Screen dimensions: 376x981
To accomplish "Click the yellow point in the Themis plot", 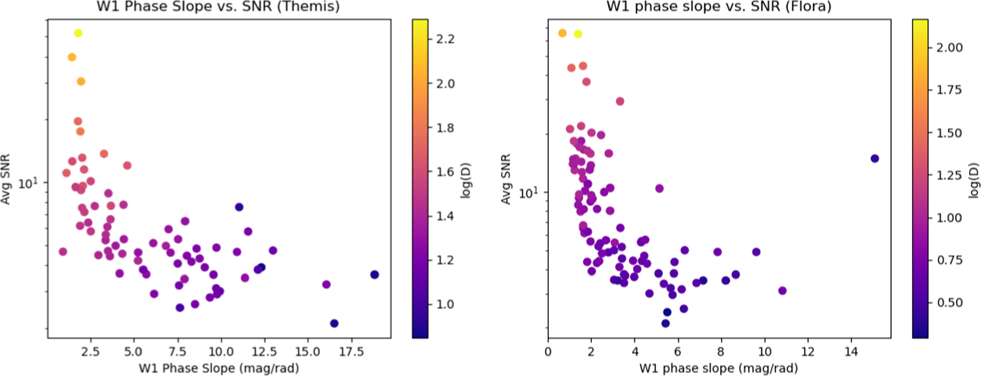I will point(78,33).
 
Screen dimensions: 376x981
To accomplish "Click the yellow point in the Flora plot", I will point(578,34).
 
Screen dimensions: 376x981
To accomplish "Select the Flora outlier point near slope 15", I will point(875,159).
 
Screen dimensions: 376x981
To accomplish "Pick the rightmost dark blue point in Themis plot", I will point(374,275).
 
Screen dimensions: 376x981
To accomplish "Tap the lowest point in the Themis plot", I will point(334,324).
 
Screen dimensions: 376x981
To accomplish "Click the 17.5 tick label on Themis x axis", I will point(351,352).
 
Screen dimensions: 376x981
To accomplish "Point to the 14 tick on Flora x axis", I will point(851,352).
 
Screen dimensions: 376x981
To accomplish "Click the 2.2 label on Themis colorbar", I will point(445,39).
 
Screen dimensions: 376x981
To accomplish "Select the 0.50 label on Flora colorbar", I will point(949,303).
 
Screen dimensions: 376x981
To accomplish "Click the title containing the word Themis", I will point(218,7).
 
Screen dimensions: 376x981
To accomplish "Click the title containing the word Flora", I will point(719,7).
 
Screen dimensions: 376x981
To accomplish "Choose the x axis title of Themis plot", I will point(219,368).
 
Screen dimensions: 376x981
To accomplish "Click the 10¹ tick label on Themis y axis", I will point(28,183).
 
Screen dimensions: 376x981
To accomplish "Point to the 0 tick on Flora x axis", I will point(548,352).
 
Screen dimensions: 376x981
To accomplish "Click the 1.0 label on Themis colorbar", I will point(445,304).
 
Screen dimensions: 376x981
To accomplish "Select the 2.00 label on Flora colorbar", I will point(949,47).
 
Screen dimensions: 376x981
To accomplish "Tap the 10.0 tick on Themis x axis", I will point(221,352).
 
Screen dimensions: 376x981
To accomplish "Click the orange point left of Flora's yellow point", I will point(562,33).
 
